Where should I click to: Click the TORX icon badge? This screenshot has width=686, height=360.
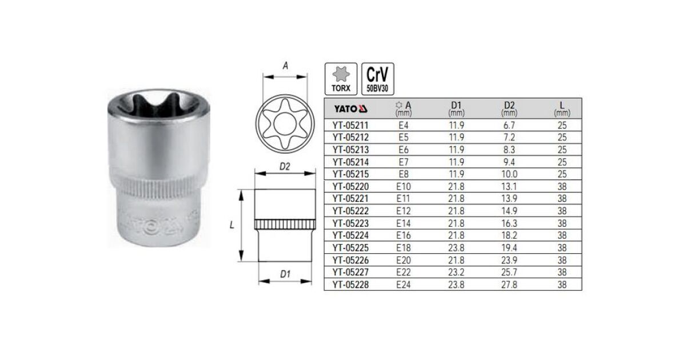pyautogui.click(x=341, y=79)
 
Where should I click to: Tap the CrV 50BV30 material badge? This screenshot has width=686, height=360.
pyautogui.click(x=378, y=79)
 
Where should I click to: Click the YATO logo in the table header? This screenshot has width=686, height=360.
pyautogui.click(x=350, y=109)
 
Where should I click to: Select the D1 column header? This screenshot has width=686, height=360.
pyautogui.click(x=456, y=109)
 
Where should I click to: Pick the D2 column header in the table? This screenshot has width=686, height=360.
pyautogui.click(x=509, y=109)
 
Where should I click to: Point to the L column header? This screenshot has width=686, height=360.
pyautogui.click(x=562, y=109)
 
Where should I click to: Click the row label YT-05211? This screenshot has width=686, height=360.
pyautogui.click(x=350, y=125)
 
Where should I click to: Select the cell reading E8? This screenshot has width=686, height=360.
pyautogui.click(x=404, y=174)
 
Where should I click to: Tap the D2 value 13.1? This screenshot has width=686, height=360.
pyautogui.click(x=509, y=186)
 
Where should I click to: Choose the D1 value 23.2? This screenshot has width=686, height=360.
pyautogui.click(x=456, y=272)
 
